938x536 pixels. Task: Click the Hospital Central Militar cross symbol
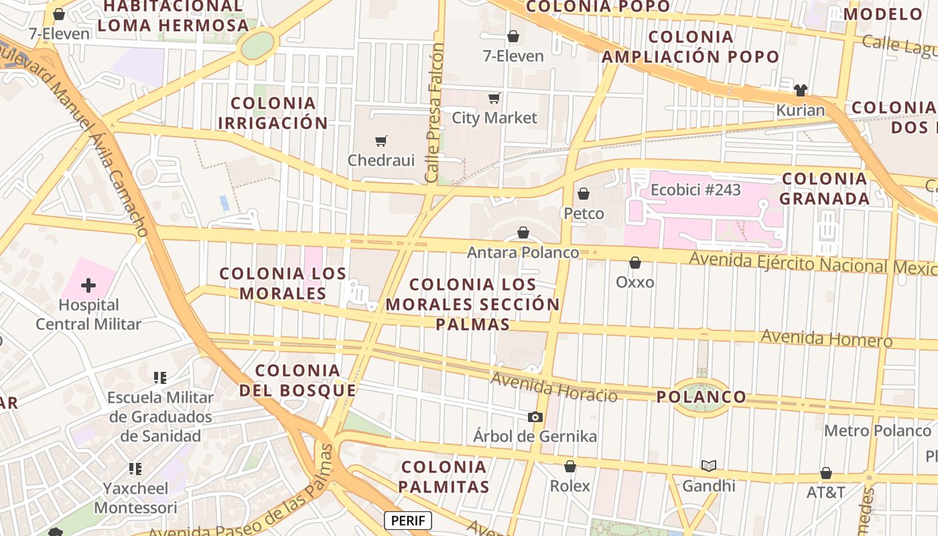[x=88, y=286]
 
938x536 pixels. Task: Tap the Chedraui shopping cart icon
[x=381, y=141]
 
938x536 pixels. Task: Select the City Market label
[x=494, y=118]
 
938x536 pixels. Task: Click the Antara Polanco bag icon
[x=523, y=233]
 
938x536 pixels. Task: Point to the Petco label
[x=584, y=214]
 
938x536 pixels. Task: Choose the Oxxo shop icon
[x=635, y=263]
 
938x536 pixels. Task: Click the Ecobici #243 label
[x=696, y=190]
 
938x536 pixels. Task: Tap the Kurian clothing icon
[x=800, y=90]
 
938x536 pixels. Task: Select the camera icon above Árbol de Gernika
[x=535, y=417]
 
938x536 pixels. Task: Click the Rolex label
[x=570, y=486]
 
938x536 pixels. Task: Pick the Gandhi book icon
[x=709, y=466]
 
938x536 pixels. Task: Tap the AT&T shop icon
[x=826, y=473]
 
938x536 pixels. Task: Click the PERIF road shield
[x=408, y=521]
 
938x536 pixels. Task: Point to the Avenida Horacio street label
[x=553, y=387]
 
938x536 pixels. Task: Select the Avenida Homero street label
[x=826, y=338]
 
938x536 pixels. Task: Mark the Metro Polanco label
[x=878, y=430]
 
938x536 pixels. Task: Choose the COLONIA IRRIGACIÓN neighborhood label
[x=273, y=113]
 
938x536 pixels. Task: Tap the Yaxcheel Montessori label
[x=135, y=498]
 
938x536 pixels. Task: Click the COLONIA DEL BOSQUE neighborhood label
[x=297, y=380]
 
